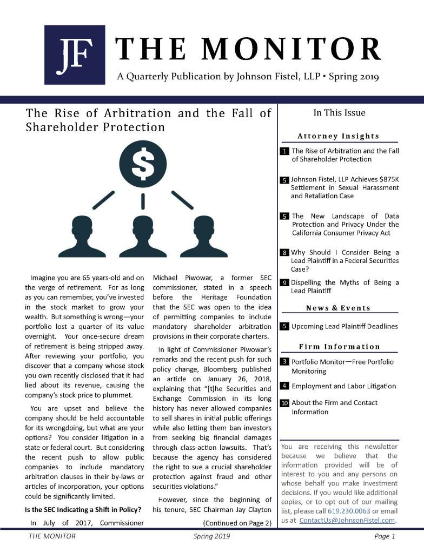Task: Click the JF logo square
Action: (75, 55)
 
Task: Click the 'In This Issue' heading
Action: (339, 113)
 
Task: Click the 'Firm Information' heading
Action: (339, 347)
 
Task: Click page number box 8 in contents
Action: (284, 253)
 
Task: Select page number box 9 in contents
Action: (284, 283)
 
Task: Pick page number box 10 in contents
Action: (284, 403)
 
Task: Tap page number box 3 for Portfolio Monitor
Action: (284, 362)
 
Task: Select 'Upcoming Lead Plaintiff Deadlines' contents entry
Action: (345, 326)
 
